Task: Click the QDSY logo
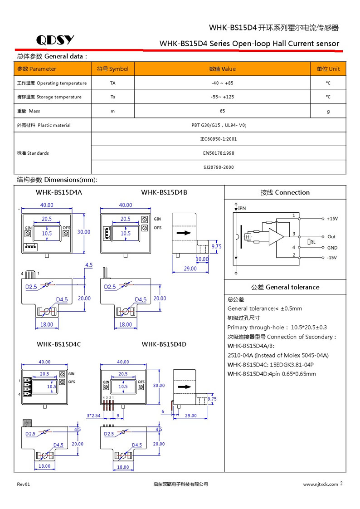pos(55,40)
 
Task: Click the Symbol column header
pos(112,69)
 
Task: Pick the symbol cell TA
pos(112,83)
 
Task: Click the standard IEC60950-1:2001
pos(219,139)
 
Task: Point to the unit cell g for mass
pos(328,111)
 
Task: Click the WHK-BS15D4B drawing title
pos(164,192)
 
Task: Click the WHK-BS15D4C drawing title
pos(58,344)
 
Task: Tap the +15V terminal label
pos(332,219)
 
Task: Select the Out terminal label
pos(331,237)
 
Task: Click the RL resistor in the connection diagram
pos(311,242)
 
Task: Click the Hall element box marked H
pos(248,237)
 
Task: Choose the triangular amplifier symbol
pos(276,235)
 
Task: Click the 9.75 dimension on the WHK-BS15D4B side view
pos(217,246)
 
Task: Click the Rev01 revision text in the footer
pos(24,485)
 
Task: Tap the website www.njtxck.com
pos(320,485)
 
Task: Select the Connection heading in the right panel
pos(285,192)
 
